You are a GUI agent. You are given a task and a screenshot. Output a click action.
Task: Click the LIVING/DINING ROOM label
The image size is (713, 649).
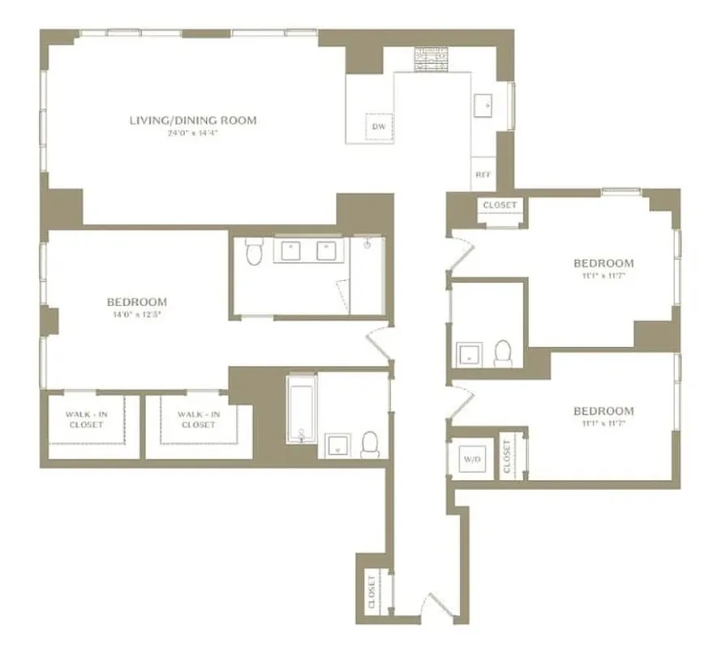pyautogui.click(x=193, y=121)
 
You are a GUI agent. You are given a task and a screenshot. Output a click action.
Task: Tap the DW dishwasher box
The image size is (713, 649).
pyautogui.click(x=378, y=127)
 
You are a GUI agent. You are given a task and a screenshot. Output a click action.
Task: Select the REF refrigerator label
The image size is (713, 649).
pyautogui.click(x=483, y=174)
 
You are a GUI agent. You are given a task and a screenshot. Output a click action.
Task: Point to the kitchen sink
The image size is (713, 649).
pyautogui.click(x=485, y=105)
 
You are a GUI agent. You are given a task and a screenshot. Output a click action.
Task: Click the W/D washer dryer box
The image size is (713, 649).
pyautogui.click(x=470, y=459)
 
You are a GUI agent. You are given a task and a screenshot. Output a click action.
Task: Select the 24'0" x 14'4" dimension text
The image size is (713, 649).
pyautogui.click(x=193, y=133)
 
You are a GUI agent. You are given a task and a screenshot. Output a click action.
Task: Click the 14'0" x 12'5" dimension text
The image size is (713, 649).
pyautogui.click(x=135, y=314)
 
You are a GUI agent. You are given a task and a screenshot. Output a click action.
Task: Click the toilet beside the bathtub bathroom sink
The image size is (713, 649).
pyautogui.click(x=370, y=442)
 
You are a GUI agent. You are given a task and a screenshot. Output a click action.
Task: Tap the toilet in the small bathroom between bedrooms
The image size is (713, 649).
pyautogui.click(x=502, y=353)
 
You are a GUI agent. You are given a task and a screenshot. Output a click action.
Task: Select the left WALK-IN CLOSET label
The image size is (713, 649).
pyautogui.click(x=85, y=419)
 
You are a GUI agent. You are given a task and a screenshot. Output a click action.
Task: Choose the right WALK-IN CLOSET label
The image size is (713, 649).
pyautogui.click(x=198, y=419)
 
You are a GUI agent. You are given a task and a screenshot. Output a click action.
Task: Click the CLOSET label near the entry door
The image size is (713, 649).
pyautogui.click(x=372, y=591)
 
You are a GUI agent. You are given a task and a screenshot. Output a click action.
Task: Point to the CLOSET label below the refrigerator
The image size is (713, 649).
pyautogui.click(x=499, y=205)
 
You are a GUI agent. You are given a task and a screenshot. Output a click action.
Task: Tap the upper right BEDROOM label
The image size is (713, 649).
pyautogui.click(x=603, y=263)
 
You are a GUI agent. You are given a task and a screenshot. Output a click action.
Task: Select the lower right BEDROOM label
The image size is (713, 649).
pyautogui.click(x=603, y=410)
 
